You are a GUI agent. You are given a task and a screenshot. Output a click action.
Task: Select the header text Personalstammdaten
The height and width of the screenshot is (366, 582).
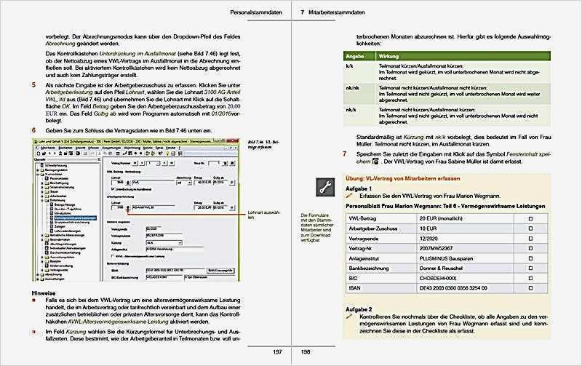(252, 12)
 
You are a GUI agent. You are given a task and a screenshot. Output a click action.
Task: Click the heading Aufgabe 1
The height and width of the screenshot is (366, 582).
(359, 188)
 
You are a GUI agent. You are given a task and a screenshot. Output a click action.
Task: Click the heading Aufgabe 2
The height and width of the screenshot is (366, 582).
(359, 309)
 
